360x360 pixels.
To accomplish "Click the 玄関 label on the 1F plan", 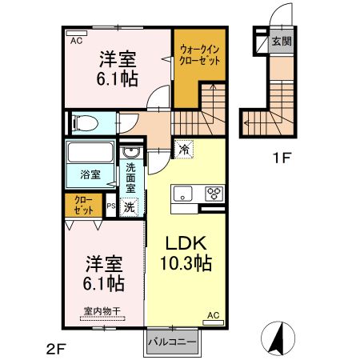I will (x=281, y=41).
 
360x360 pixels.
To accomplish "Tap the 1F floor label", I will (x=281, y=158).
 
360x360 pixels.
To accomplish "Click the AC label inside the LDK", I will (x=214, y=315).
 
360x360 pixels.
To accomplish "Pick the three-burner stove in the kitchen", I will (x=214, y=192).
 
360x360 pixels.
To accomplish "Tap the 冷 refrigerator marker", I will (x=184, y=149).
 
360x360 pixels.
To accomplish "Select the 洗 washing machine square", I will (x=130, y=205).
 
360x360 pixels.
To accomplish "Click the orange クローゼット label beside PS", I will (x=83, y=206).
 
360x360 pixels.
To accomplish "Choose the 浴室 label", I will (x=87, y=174).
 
